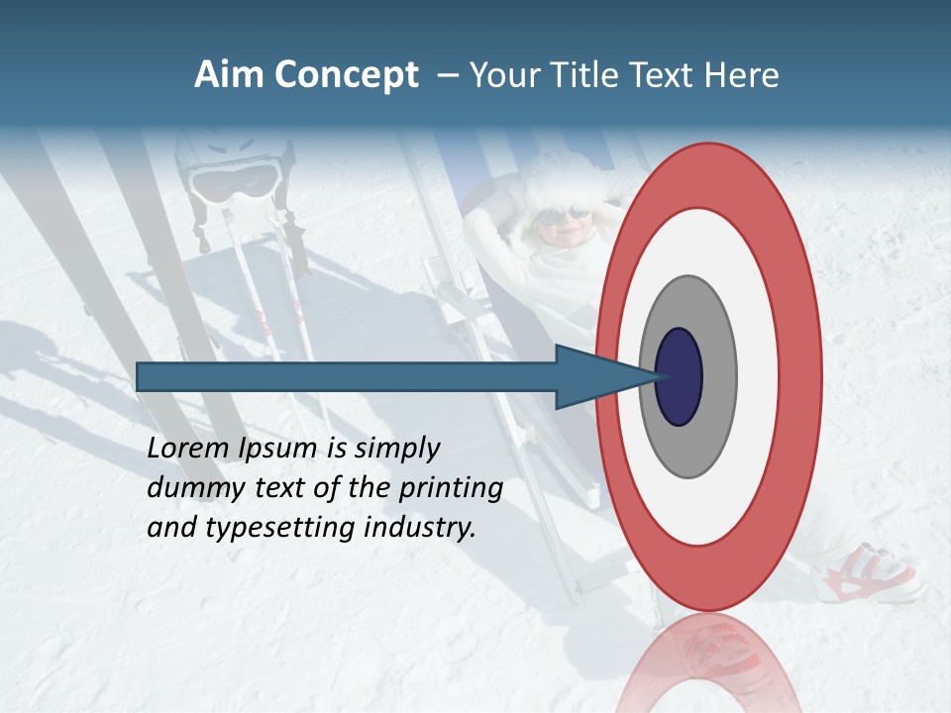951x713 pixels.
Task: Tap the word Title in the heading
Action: (x=581, y=75)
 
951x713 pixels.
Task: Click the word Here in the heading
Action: (x=741, y=75)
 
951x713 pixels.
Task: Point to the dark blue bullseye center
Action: (x=679, y=377)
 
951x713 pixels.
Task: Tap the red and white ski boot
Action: (x=872, y=573)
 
